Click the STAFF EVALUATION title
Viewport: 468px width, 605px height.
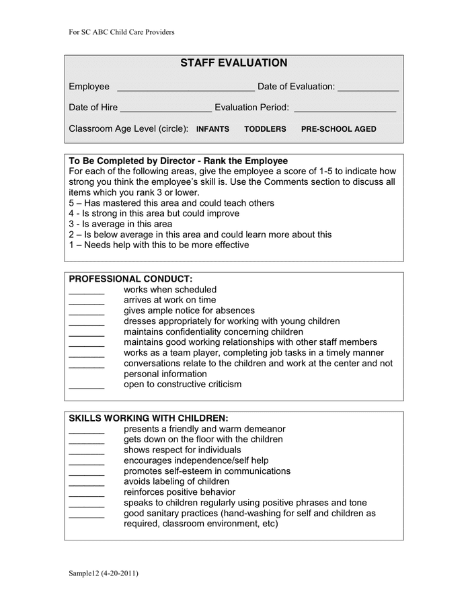[233, 63]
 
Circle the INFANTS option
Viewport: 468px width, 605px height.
[212, 129]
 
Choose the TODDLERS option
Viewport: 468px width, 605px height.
[265, 129]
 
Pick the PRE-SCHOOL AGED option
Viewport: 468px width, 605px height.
[338, 129]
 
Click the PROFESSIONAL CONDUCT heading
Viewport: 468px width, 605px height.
[130, 279]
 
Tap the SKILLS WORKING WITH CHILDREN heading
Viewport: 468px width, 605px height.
[149, 418]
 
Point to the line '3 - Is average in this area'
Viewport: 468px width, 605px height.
[120, 224]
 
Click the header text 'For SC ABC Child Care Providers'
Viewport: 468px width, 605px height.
[122, 32]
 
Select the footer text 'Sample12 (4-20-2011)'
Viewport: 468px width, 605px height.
[104, 573]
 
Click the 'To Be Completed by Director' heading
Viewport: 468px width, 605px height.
[178, 161]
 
